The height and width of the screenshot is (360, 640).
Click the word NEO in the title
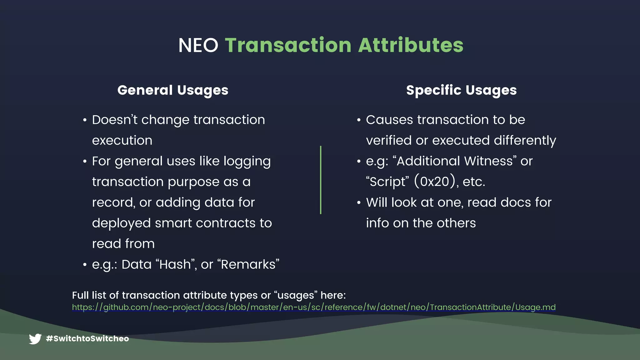point(198,45)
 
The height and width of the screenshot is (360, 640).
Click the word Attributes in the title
point(411,45)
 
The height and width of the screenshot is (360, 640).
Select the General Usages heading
point(173,90)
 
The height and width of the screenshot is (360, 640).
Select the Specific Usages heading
point(461,90)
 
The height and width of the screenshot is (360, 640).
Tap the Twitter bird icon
point(35,339)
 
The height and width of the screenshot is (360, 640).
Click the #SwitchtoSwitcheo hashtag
point(87,339)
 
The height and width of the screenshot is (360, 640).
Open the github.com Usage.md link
point(314,307)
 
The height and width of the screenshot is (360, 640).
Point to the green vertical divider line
point(321,180)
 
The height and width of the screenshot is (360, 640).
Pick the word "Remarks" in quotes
point(250,264)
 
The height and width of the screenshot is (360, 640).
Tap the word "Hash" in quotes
point(175,264)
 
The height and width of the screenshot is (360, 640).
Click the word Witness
point(488,161)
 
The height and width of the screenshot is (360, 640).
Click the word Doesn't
point(114,120)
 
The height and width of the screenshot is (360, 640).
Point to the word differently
point(525,141)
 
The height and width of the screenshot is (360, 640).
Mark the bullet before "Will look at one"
point(359,203)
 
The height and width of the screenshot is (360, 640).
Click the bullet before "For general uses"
point(85,162)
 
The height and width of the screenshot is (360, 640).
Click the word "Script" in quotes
point(387,182)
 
